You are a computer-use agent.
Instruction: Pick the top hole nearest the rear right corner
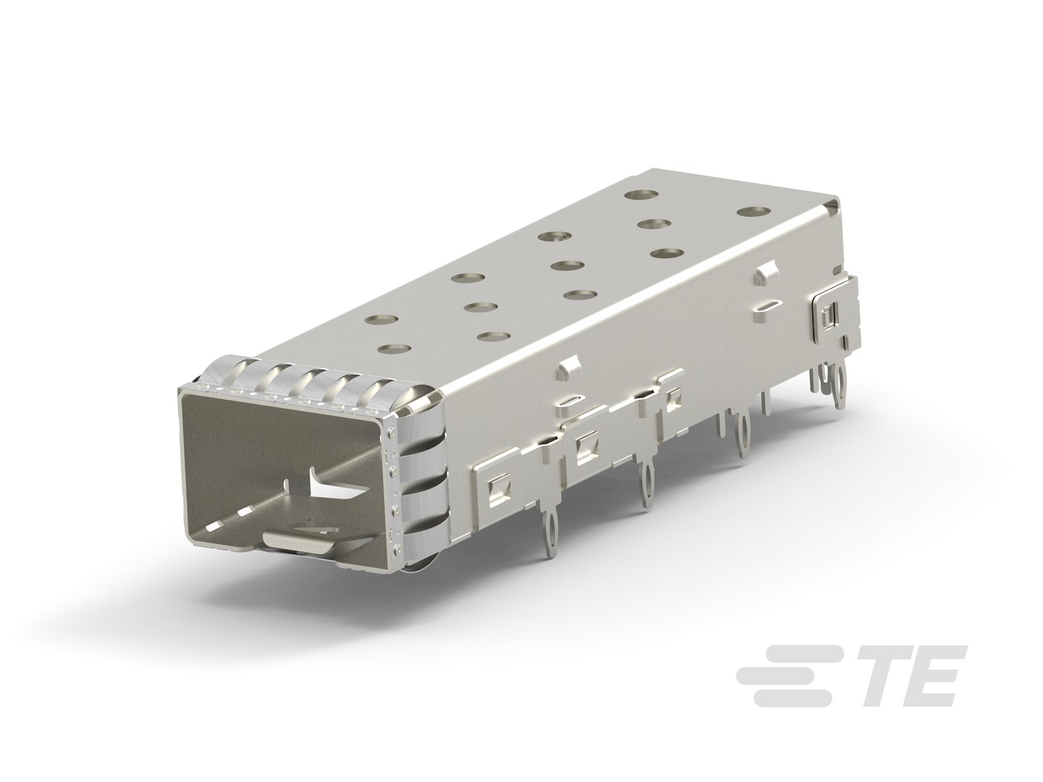(x=754, y=212)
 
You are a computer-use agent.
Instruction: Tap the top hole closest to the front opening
(x=394, y=348)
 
